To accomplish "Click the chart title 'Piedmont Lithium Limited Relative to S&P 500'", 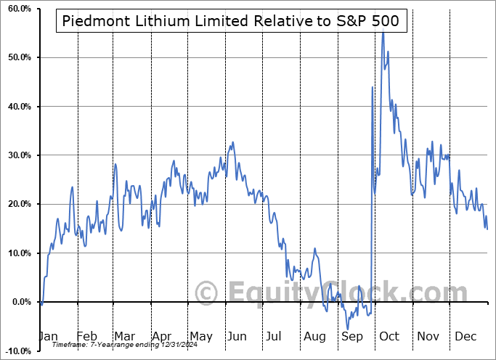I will coord(232,21).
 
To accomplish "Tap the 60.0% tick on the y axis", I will coord(17,9).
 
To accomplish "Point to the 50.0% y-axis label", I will coord(17,57).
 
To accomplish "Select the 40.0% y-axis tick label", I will coord(17,107).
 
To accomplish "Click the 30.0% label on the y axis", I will coord(17,155).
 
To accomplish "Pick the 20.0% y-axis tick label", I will coord(17,205).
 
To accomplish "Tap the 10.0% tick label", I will coord(17,253).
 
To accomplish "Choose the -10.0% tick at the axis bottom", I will coord(15,351).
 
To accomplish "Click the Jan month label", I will coord(49,337).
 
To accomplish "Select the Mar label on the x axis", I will coord(124,337).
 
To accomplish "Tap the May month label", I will coord(200,337).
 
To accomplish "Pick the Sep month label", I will coord(351,337).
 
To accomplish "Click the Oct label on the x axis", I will coord(389,337).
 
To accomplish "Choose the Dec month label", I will coord(465,337).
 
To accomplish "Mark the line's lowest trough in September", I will coord(348,329).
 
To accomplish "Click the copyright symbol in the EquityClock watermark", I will coord(208,293).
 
